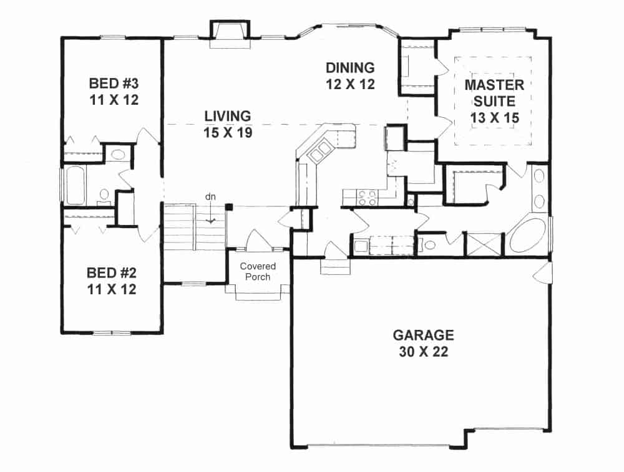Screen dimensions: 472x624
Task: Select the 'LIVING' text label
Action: click(228, 116)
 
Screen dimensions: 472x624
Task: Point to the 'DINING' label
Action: click(350, 67)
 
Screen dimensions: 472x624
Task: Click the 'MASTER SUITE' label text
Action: click(494, 92)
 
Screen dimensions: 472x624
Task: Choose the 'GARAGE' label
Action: click(423, 335)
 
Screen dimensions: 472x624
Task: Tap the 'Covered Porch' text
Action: click(258, 271)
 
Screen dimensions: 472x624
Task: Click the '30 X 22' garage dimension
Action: click(423, 352)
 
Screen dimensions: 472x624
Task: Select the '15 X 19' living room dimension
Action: click(228, 133)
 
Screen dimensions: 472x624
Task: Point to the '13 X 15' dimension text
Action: click(494, 117)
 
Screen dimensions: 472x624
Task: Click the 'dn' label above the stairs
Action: click(211, 196)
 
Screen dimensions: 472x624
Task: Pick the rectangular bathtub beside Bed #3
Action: click(75, 185)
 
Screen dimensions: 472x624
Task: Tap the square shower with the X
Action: click(484, 244)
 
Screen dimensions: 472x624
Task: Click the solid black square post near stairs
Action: click(229, 207)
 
